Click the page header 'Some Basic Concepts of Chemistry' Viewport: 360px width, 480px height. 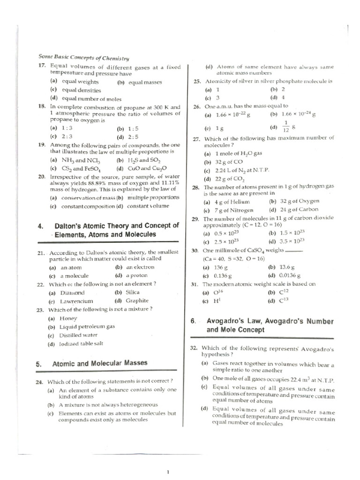83,58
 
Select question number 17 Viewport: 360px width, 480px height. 41,67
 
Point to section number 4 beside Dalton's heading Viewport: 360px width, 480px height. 40,226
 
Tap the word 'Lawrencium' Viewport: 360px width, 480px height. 76,301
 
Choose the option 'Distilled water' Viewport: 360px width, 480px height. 78,335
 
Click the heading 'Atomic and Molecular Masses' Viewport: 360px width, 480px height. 100,363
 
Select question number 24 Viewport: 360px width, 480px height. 41,381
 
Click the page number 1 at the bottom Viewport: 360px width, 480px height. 168,472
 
